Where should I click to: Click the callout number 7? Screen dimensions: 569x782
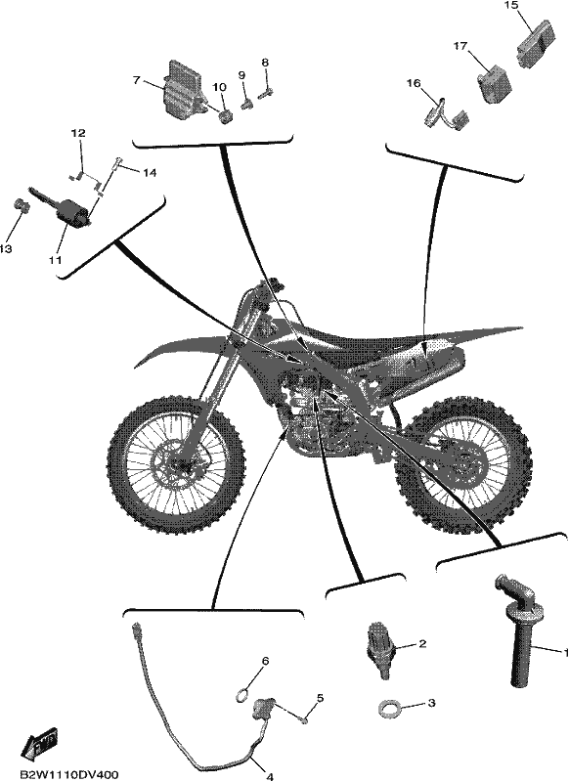(x=136, y=80)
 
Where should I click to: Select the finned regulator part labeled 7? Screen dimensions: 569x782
(x=183, y=90)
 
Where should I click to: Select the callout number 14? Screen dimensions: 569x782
(x=150, y=173)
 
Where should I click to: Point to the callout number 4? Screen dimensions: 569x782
(x=270, y=776)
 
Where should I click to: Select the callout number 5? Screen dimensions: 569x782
(x=320, y=697)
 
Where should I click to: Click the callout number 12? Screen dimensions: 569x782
(x=78, y=133)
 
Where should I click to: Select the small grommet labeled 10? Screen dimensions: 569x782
(x=223, y=119)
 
